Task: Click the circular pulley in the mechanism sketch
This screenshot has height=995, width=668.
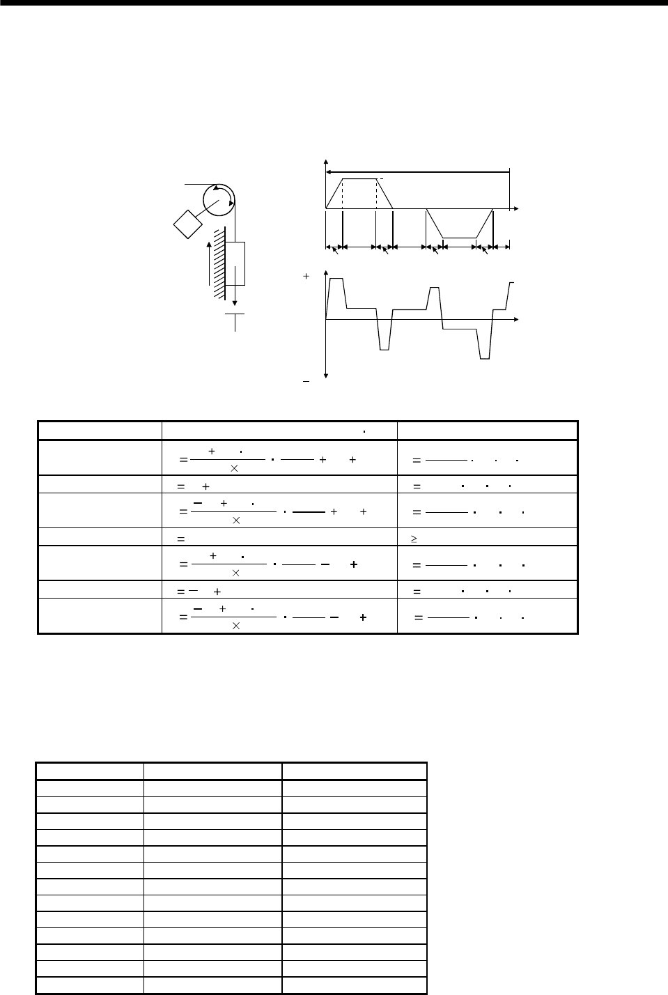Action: (219, 201)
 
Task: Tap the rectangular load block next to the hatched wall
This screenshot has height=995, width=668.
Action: (235, 263)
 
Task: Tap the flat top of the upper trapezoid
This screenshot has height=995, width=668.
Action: (359, 179)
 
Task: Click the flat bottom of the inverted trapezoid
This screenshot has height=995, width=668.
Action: (460, 238)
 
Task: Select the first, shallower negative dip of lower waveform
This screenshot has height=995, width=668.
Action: (385, 348)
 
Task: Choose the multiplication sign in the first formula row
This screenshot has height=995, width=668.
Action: (235, 468)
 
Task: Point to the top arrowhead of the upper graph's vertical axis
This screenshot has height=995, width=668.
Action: (326, 163)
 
